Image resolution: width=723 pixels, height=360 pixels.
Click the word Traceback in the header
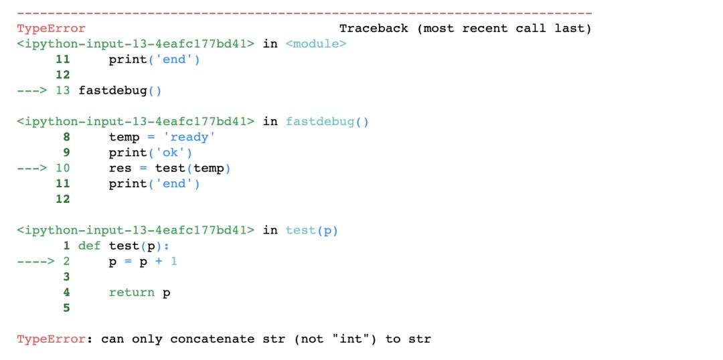click(374, 28)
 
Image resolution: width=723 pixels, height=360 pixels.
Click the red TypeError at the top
click(51, 28)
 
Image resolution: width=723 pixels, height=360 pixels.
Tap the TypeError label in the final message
click(51, 339)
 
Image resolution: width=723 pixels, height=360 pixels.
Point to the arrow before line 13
click(31, 90)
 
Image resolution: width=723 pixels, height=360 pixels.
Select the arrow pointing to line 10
click(31, 168)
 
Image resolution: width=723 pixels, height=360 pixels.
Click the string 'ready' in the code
click(191, 137)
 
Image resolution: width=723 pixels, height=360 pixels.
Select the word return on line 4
click(132, 292)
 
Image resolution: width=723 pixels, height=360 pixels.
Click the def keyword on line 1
click(89, 246)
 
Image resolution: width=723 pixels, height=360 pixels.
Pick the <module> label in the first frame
click(316, 44)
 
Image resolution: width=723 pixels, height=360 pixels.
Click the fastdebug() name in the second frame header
click(327, 121)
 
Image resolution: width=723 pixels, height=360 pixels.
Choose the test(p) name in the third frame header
click(312, 230)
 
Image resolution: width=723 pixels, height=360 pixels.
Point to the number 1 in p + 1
click(174, 261)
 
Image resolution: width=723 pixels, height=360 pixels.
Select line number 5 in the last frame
click(66, 308)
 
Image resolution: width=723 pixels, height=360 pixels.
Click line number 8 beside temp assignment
click(66, 137)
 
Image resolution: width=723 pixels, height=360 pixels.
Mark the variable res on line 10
click(120, 168)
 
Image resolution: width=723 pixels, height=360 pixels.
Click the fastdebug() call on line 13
click(120, 90)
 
